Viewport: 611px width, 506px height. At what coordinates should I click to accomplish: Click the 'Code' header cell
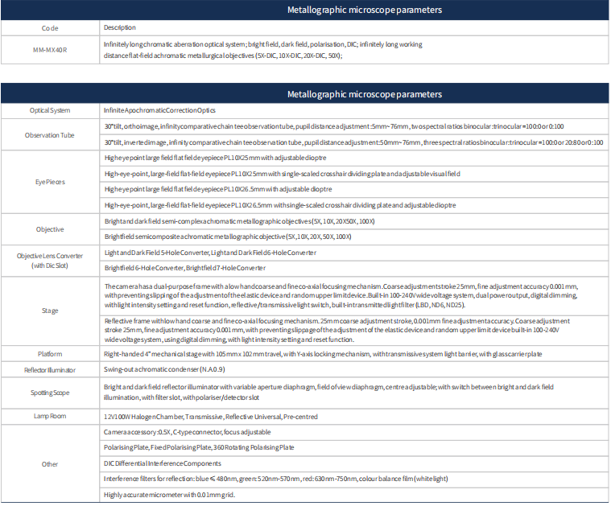pos(50,28)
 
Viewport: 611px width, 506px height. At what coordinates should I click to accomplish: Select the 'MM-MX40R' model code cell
pos(50,50)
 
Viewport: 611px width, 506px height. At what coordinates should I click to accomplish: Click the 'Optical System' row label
pos(50,110)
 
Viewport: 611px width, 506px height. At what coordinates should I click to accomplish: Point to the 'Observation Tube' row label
pos(50,135)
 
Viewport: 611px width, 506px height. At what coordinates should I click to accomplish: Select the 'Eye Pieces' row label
pos(50,182)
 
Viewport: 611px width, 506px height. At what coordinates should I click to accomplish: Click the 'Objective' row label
pos(50,229)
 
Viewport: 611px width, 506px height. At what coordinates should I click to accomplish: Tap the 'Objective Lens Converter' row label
pos(50,260)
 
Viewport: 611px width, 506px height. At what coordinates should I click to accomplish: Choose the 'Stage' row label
pos(50,311)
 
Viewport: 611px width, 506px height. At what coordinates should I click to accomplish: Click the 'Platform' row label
pos(50,354)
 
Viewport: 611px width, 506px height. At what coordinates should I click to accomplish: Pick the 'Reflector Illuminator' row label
pos(50,370)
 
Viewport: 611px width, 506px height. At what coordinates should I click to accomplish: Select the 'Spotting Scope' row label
pos(50,393)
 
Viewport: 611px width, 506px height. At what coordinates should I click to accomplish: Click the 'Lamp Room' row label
pos(50,417)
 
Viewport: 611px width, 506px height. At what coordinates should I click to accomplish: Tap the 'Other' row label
pos(50,464)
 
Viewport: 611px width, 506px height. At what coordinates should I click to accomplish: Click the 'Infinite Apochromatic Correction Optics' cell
pos(159,110)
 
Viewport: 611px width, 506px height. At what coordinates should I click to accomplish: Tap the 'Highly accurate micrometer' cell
pos(169,495)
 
